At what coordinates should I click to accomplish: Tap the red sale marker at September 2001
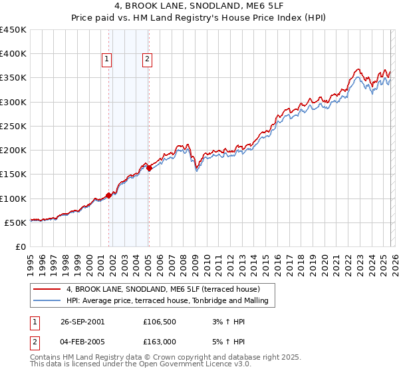109,195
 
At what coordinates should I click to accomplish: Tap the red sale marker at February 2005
149,168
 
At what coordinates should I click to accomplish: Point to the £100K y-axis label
13,198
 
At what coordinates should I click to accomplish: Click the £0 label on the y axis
20,246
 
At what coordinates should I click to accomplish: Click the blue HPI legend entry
167,301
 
